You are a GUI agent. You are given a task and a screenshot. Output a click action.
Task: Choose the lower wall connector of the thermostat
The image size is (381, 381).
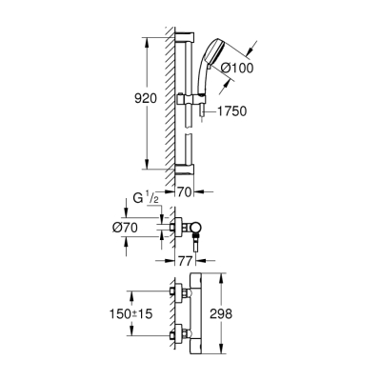click(178, 334)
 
